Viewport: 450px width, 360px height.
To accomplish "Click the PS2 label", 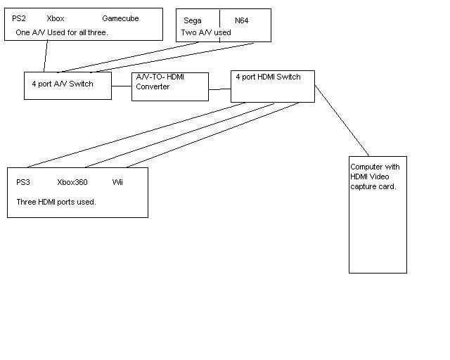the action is [19, 18].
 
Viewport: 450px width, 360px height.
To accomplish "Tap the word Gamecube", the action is [120, 18].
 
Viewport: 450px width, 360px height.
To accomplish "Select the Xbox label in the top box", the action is [56, 18].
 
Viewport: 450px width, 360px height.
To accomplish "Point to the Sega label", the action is [192, 20].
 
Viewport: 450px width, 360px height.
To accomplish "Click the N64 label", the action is [241, 20].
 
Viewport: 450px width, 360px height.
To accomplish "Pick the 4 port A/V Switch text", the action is [63, 84].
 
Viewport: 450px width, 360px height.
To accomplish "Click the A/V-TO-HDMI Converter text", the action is [160, 82].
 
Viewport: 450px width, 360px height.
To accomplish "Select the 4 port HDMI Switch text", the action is [268, 77].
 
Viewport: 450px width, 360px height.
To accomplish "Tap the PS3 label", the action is [23, 182].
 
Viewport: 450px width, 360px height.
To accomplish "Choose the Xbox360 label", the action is [72, 182].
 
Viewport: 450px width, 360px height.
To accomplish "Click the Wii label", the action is [117, 182].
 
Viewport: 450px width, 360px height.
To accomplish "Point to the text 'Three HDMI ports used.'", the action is [56, 202].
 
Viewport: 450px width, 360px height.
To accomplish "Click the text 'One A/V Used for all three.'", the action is [62, 32].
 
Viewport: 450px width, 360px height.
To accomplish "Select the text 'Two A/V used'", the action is [206, 32].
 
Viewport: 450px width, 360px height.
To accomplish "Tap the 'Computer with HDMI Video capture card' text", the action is [375, 176].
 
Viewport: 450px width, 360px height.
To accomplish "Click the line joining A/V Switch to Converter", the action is [122, 86].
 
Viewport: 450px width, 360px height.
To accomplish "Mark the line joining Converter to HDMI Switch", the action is [219, 89].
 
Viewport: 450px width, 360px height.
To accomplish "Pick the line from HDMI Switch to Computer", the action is [342, 120].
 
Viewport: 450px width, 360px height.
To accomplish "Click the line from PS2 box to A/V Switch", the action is [46, 56].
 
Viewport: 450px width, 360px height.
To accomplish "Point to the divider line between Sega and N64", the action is [220, 26].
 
